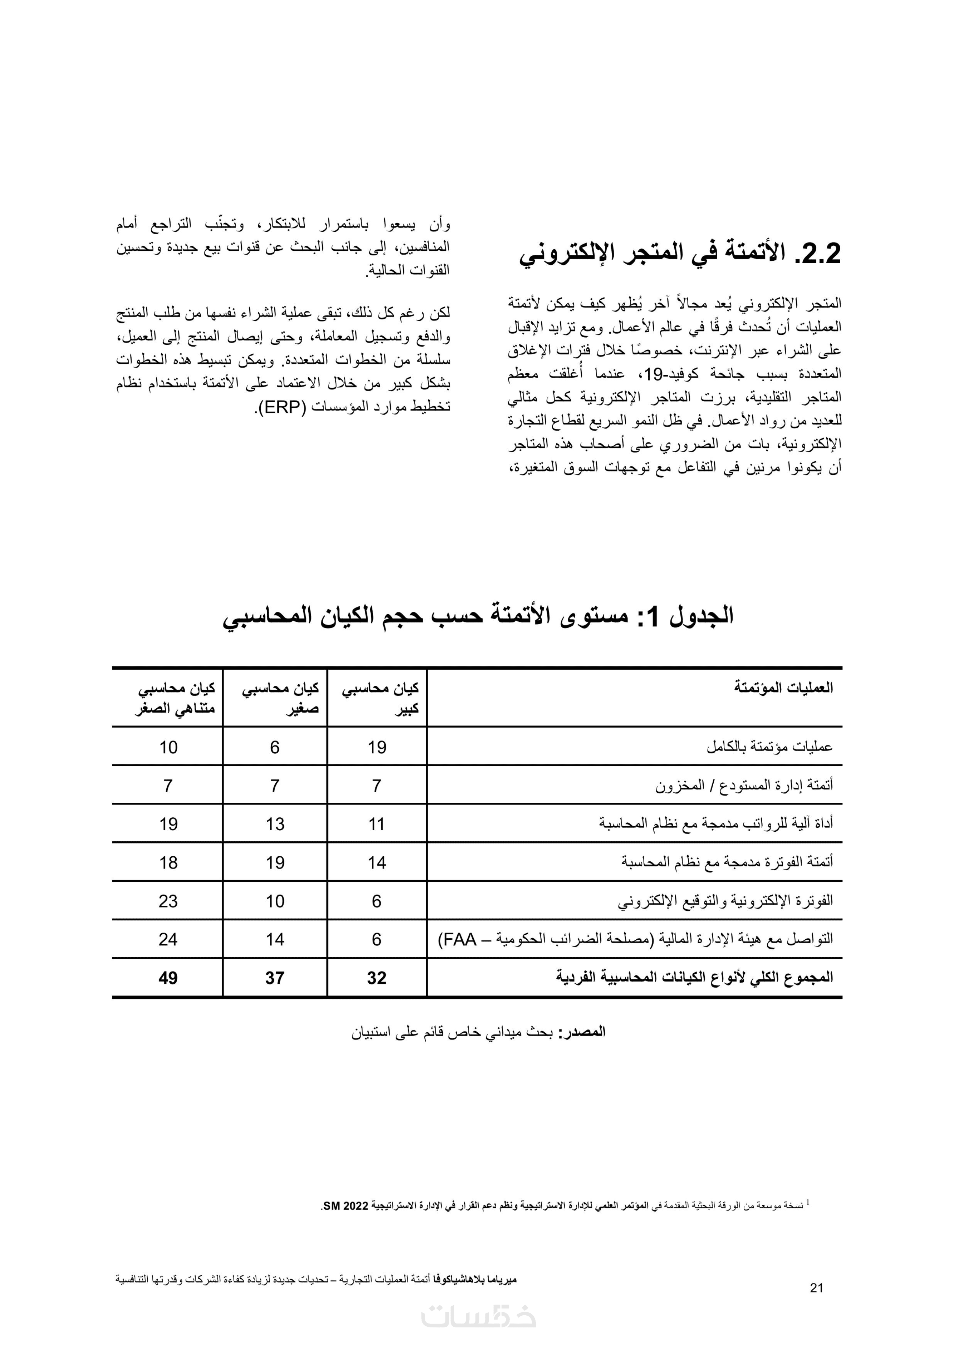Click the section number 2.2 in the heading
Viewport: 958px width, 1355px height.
point(813,254)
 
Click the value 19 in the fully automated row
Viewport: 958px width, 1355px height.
point(377,747)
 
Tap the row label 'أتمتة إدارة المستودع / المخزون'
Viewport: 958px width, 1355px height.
point(744,786)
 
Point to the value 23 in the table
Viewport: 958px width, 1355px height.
point(168,901)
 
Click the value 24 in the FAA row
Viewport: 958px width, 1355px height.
point(168,940)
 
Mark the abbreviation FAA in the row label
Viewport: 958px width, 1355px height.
point(460,940)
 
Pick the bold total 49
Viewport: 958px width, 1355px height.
point(168,978)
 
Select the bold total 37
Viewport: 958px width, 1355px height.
point(275,978)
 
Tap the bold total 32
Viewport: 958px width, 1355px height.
point(377,978)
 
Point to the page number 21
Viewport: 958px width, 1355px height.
point(816,1289)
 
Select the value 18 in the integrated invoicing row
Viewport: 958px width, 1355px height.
point(168,863)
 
